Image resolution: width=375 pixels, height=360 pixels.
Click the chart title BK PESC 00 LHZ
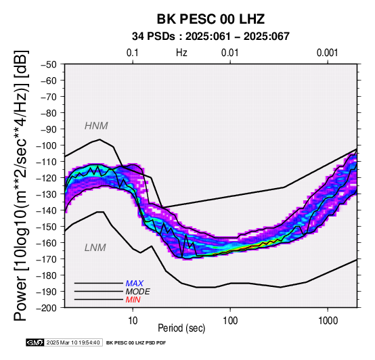click(211, 19)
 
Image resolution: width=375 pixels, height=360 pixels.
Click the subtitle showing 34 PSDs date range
click(211, 37)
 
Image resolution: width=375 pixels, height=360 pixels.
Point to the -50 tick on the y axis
click(49, 64)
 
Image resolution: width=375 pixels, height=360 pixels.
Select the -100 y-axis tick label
click(47, 145)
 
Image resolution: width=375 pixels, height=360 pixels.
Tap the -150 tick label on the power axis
click(47, 227)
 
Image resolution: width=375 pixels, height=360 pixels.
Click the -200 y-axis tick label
click(47, 308)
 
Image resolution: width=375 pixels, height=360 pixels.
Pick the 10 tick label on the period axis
click(133, 321)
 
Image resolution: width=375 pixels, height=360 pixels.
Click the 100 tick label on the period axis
click(230, 321)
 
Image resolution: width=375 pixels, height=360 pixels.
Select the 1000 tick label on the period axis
click(328, 321)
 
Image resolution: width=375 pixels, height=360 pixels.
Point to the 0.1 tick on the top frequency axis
click(133, 53)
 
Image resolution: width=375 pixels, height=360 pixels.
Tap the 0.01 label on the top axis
click(230, 53)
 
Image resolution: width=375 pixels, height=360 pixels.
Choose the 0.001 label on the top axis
click(327, 53)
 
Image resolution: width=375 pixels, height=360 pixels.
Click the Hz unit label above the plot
click(181, 53)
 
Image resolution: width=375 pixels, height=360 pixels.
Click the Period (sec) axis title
click(181, 328)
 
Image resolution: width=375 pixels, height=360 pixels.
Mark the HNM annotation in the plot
click(96, 126)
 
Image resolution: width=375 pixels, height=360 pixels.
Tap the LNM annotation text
click(95, 248)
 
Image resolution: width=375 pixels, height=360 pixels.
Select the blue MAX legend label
click(135, 284)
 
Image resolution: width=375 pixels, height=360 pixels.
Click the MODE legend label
click(138, 292)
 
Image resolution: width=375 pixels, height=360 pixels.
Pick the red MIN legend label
click(133, 300)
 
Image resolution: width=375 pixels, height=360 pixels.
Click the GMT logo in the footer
click(35, 342)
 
